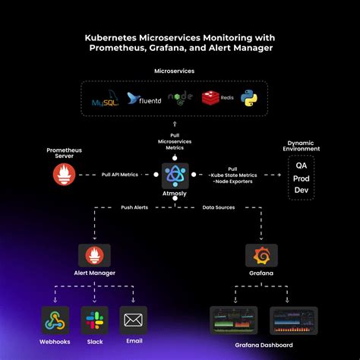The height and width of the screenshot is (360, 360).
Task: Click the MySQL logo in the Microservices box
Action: (x=104, y=99)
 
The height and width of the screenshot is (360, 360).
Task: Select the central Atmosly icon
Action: (x=175, y=176)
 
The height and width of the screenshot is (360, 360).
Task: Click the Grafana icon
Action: (x=261, y=255)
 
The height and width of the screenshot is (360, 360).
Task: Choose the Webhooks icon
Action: (x=55, y=320)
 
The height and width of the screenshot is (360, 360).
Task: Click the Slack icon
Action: (x=93, y=320)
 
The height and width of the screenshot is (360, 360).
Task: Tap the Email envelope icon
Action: (x=133, y=320)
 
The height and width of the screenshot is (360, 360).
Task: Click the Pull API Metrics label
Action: (x=119, y=175)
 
